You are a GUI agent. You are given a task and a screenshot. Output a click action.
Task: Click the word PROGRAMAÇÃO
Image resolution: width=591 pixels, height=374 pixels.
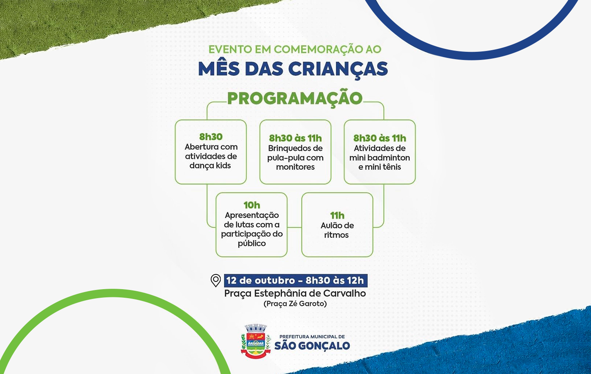[x=295, y=98]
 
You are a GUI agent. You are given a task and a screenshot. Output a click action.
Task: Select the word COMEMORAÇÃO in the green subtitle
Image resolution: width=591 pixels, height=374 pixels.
[x=313, y=49]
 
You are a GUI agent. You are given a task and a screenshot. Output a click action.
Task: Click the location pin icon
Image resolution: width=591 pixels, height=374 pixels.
[x=216, y=281]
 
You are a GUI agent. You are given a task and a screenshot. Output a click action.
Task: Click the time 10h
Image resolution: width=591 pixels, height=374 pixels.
[x=252, y=205]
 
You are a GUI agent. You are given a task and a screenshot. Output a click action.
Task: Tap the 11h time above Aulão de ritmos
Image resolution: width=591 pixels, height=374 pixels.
[x=337, y=216]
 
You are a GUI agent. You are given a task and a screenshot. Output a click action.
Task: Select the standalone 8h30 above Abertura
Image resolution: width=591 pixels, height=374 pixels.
[x=211, y=137]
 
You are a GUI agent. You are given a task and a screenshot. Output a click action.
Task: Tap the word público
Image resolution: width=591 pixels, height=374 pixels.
[x=252, y=243]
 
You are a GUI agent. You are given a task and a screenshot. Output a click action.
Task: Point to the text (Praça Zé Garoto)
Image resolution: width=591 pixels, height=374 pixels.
[x=295, y=304]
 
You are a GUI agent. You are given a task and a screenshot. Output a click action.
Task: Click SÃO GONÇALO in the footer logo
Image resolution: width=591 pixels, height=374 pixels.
[x=312, y=345]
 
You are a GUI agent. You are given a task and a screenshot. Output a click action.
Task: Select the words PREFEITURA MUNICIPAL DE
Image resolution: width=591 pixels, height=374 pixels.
[x=312, y=336]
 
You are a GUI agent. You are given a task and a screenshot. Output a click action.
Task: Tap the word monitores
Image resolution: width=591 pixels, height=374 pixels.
[x=295, y=167]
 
